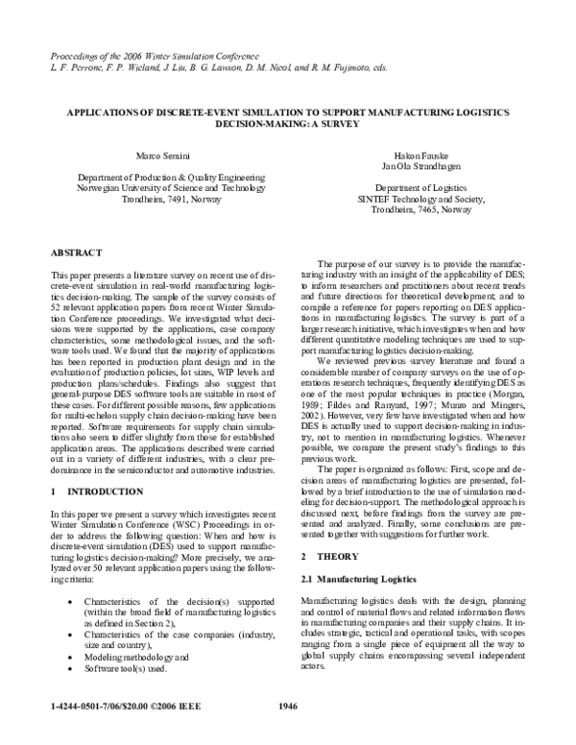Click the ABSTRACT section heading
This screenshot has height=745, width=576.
pos(76,252)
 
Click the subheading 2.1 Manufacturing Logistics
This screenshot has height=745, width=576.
pos(360,579)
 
